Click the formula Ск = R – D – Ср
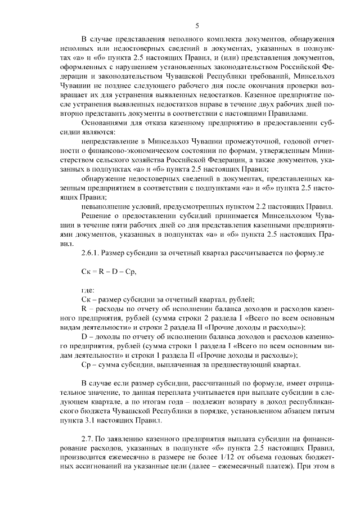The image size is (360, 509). coord(109,271)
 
